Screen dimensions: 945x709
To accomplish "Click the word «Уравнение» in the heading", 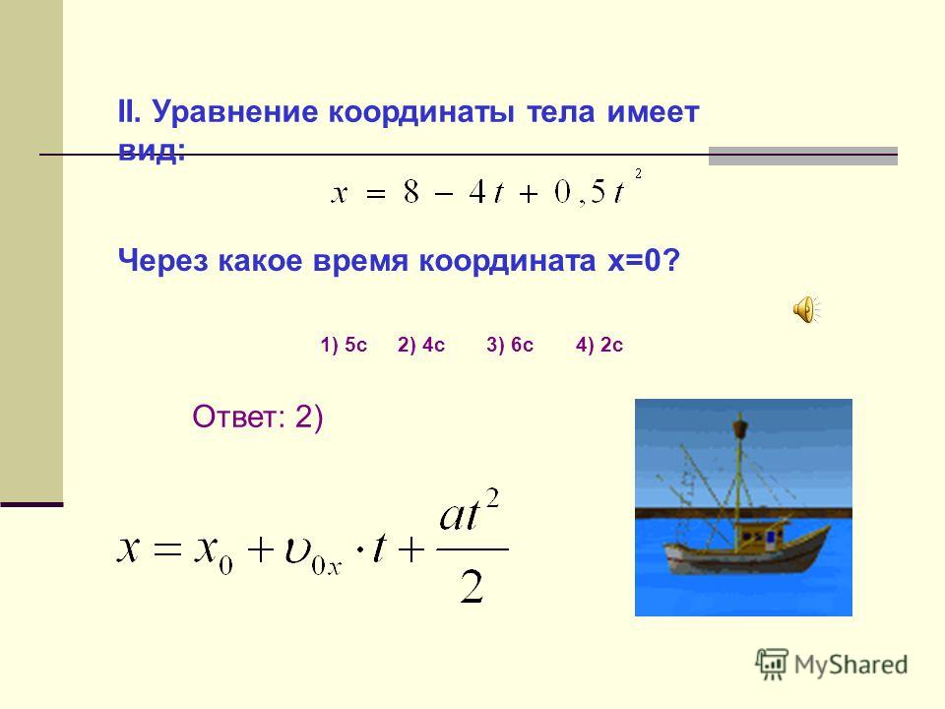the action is point(235,112).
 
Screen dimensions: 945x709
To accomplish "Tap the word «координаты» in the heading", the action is point(421,112).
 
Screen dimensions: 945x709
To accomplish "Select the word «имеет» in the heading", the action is point(653,112).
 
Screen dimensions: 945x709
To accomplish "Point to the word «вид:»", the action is point(152,150).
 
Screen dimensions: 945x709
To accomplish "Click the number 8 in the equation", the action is point(411,193).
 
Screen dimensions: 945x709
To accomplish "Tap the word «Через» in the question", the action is point(162,261).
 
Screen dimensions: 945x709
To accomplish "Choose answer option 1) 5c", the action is point(344,345).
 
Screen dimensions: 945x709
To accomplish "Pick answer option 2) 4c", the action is point(420,345).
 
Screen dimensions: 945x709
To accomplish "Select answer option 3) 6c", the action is point(510,345).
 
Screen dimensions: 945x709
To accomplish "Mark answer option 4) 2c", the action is point(599,345).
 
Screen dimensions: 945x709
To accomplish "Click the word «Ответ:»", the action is point(238,417).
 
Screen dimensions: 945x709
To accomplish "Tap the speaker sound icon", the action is point(806,310).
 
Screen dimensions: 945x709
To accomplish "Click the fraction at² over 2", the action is point(471,547).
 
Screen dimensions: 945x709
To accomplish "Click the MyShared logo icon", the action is point(772,664).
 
